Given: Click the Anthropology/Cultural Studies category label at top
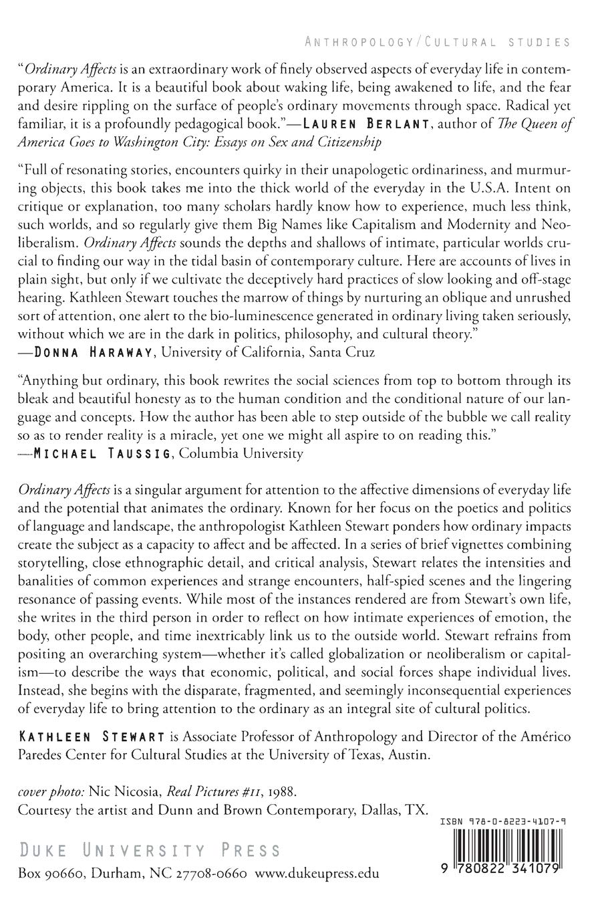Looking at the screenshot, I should (437, 42).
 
